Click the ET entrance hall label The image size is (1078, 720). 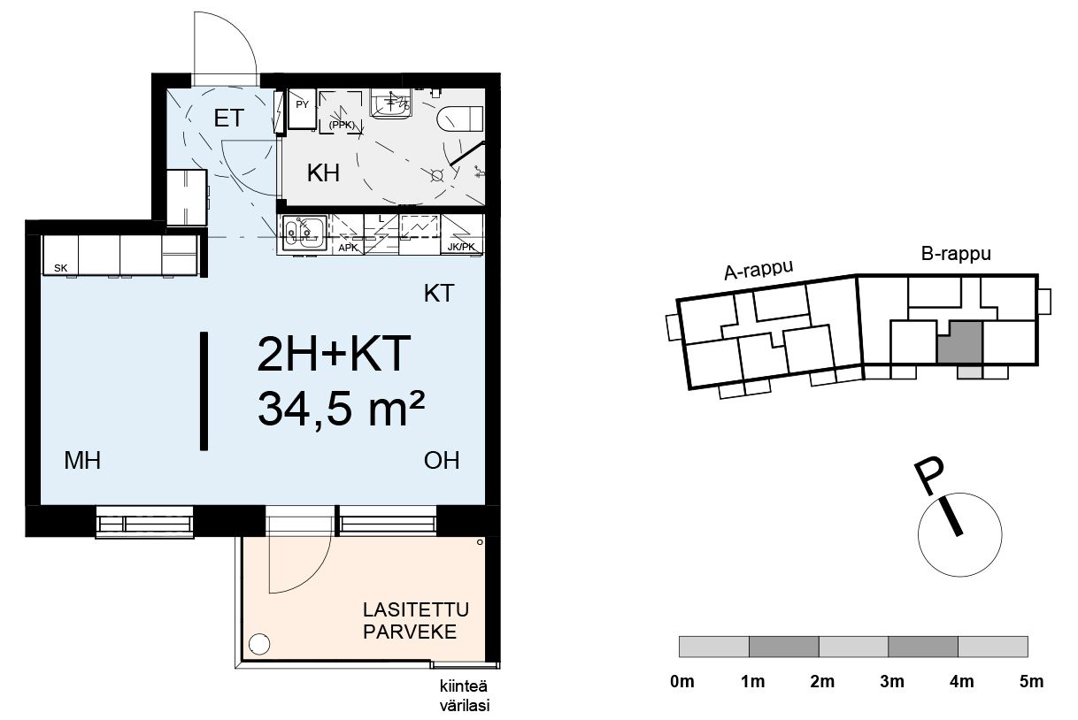click(229, 119)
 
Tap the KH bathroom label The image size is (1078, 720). click(323, 173)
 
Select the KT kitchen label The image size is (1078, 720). click(439, 294)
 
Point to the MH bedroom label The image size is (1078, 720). click(82, 461)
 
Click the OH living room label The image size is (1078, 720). click(442, 461)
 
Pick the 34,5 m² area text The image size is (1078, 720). click(342, 409)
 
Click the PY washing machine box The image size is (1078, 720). click(302, 109)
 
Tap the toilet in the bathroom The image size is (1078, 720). click(459, 119)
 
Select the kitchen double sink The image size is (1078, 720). click(304, 234)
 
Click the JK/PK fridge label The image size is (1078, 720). click(461, 247)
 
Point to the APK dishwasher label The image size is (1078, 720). click(348, 249)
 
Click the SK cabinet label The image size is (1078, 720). click(61, 268)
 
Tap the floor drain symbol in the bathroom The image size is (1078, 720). click(437, 176)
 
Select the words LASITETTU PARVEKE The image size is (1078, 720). click(416, 620)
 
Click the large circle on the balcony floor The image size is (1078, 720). click(259, 644)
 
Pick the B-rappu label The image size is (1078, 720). click(956, 254)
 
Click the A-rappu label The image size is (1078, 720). click(758, 270)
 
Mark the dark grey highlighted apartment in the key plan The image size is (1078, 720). click(960, 344)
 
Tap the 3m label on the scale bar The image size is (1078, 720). click(892, 681)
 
